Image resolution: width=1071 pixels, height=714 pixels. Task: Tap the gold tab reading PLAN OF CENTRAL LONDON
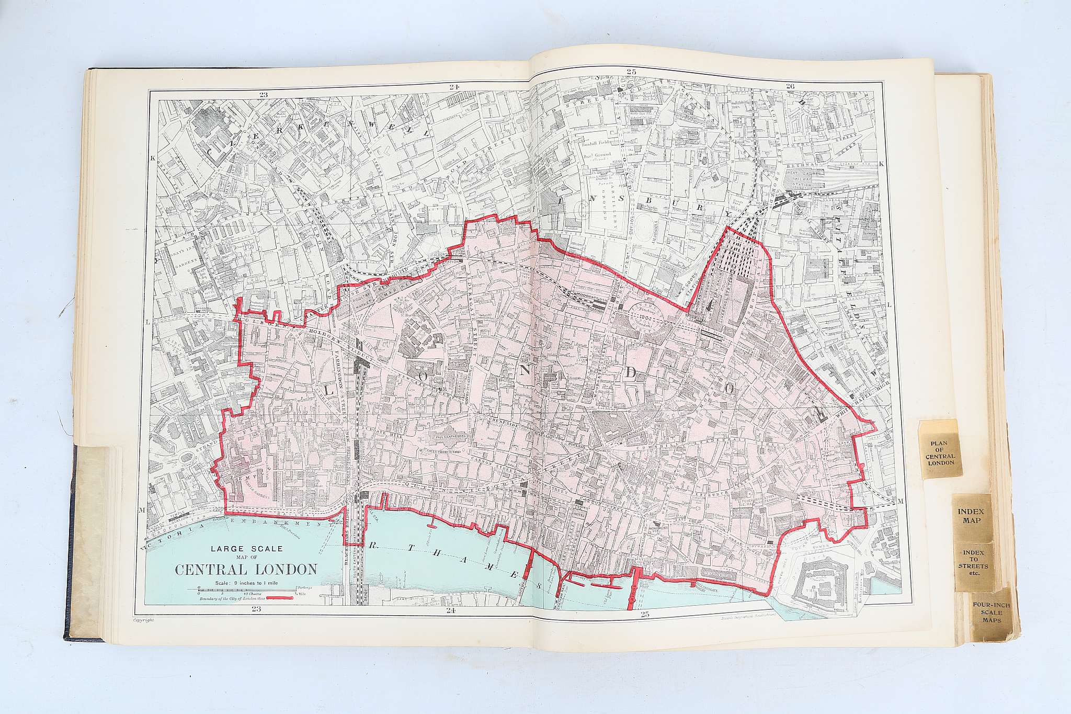tap(939, 453)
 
